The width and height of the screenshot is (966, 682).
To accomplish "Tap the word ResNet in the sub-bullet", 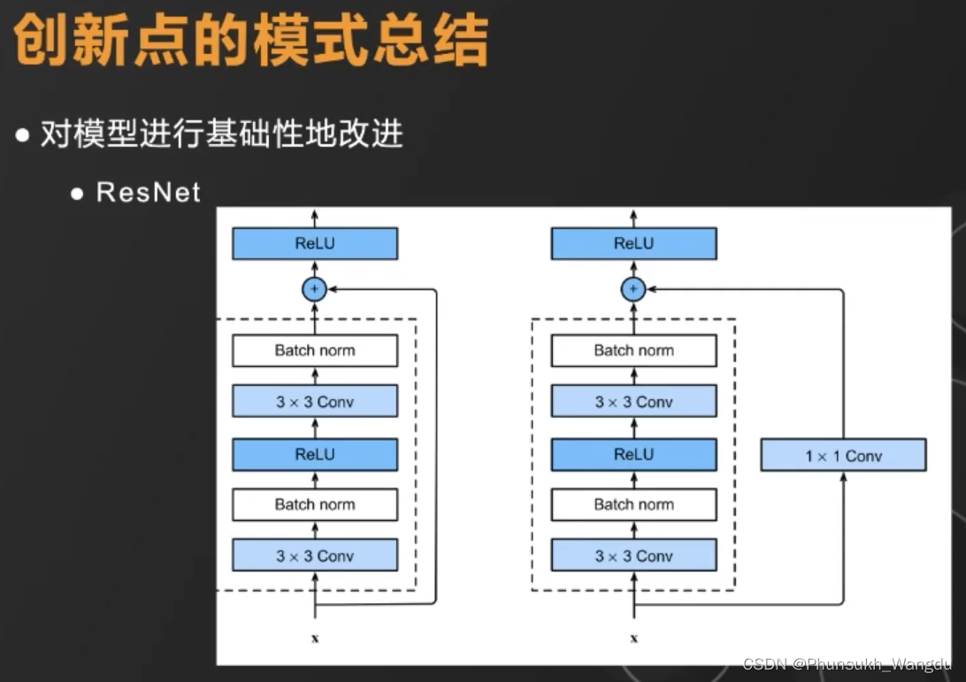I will coord(149,192).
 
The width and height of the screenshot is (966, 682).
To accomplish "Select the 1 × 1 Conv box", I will coord(843,456).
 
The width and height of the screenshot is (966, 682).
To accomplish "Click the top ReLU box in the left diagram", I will coord(315,243).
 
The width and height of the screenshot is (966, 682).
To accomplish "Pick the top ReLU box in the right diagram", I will coord(633,243).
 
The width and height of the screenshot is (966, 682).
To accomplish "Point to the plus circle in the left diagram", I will coord(315,288).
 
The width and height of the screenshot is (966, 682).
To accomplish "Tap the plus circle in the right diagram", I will coord(633,288).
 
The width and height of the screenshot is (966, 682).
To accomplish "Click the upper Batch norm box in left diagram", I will coord(315,350).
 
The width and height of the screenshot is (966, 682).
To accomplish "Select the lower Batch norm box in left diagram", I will coord(315,504).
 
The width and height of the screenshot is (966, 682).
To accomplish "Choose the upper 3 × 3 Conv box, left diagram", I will coord(315,402).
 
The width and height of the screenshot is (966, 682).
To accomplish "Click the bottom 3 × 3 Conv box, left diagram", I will coord(315,556).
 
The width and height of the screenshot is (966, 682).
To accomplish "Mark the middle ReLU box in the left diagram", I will coord(315,454).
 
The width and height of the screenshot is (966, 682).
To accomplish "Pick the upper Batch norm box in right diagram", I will coord(633,350).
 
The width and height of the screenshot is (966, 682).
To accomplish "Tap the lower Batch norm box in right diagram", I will coord(633,504).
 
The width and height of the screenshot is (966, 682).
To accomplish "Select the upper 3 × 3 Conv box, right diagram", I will coord(633,402).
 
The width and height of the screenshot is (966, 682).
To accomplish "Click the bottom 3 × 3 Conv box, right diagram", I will coord(633,556).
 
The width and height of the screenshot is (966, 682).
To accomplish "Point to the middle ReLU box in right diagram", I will coord(633,454).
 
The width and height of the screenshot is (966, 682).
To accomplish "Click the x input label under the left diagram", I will coord(315,637).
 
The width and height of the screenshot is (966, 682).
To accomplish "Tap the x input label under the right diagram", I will coord(633,637).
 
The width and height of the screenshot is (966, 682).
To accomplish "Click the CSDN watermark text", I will coord(847,663).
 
